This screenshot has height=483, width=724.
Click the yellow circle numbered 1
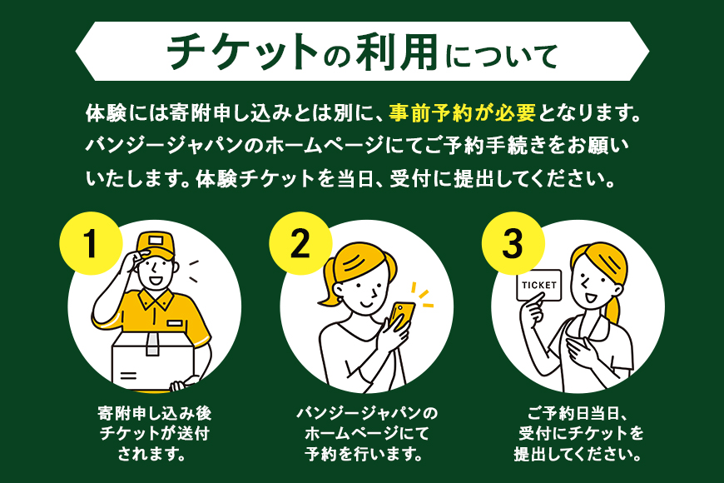coord(91,242)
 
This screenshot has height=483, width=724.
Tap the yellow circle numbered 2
coord(300,242)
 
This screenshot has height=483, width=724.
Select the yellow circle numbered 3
coord(513,242)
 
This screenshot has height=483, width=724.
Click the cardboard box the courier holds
coord(150,358)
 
